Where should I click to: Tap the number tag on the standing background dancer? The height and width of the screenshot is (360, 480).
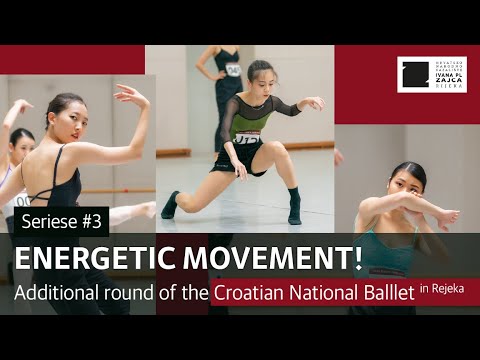[x=233, y=69]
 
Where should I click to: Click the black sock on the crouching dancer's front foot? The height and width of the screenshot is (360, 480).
[x=171, y=207]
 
